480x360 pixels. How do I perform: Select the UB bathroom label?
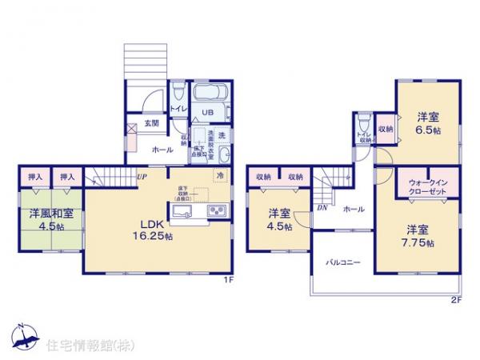(x=206, y=113)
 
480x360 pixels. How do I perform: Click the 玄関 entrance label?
(x=150, y=123)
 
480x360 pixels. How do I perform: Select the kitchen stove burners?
(x=218, y=211)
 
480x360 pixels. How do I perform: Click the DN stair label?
(x=321, y=207)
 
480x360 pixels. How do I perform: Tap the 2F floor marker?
(x=456, y=300)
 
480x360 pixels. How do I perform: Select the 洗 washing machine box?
(x=222, y=134)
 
